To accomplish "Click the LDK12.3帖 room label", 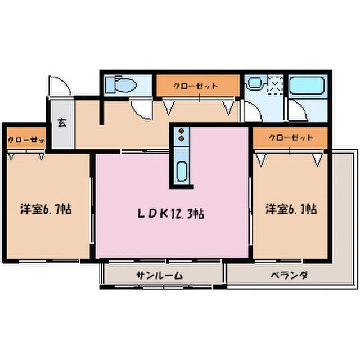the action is (170, 214).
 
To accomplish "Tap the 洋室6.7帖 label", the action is (46, 209).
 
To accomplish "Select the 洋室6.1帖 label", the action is (291, 209).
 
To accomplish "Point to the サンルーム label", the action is (159, 275).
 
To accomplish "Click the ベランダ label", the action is (289, 275).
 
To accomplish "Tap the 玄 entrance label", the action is (62, 123).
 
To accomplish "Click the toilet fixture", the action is (121, 84).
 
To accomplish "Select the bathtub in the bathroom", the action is (307, 85).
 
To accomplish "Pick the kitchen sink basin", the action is (181, 171).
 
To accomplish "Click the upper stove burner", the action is (181, 131).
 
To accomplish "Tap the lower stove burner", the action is (181, 138).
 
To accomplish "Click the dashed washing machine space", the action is (275, 85).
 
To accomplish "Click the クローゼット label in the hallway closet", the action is (195, 86).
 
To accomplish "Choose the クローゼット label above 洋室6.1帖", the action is (291, 138).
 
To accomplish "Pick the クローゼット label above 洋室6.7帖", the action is (26, 139).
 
